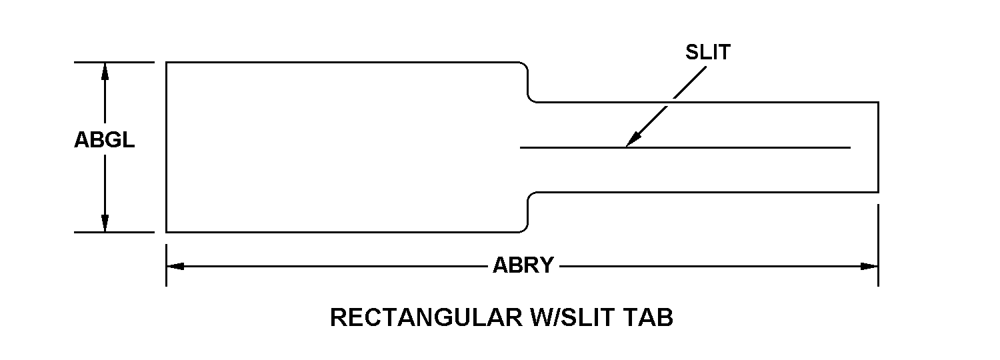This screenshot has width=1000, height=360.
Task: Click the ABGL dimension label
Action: click(x=104, y=141)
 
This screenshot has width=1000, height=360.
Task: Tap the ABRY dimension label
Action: click(x=523, y=266)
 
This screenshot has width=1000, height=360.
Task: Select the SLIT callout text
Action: click(x=707, y=53)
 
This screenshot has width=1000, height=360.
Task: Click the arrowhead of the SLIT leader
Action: click(x=630, y=141)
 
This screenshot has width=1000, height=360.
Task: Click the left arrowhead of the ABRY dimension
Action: click(x=174, y=266)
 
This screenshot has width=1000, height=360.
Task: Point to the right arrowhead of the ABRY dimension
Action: click(x=870, y=266)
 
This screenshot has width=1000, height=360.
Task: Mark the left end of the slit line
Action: click(x=521, y=147)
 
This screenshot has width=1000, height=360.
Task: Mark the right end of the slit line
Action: click(x=850, y=147)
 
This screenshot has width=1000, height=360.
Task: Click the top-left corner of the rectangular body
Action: click(x=166, y=62)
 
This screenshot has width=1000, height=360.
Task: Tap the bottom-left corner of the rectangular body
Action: click(x=166, y=232)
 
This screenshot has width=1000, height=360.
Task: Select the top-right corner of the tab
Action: click(x=878, y=102)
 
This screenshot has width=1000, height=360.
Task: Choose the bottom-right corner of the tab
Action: click(x=878, y=193)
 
